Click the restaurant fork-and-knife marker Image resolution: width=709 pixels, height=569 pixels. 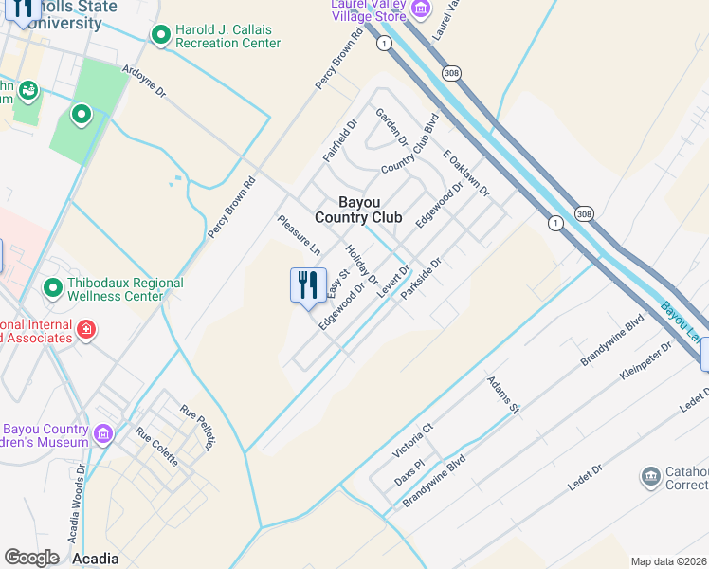[x=307, y=285]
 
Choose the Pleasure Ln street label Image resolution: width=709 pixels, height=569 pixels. [x=299, y=235]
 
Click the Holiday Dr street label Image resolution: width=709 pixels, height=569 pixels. [x=362, y=266]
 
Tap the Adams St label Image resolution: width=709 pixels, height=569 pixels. [x=504, y=395]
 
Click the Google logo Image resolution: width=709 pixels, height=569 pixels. [x=31, y=558]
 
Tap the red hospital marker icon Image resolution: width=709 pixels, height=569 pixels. [x=86, y=329]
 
